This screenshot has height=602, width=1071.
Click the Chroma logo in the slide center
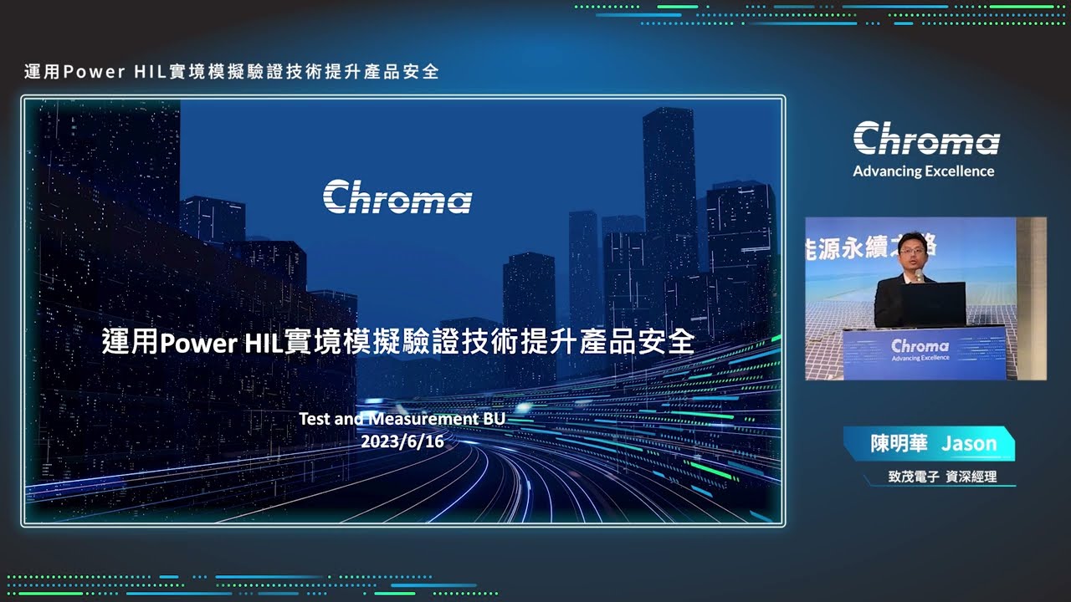[397, 196]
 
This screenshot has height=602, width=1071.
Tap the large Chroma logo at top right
[926, 138]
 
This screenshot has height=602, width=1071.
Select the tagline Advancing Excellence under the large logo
[923, 171]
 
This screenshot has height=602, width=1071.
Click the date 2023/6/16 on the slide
[402, 441]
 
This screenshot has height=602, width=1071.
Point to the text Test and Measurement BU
[402, 419]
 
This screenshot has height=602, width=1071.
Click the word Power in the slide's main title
[198, 343]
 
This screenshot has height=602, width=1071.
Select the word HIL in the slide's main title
[264, 342]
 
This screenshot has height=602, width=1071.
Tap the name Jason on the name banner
[969, 444]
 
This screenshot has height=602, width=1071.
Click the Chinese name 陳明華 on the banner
[899, 443]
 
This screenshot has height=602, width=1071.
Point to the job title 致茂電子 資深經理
[942, 477]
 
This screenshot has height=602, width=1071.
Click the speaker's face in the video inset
[911, 252]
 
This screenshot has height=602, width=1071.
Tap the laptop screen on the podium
[933, 303]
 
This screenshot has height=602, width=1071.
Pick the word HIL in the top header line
[150, 72]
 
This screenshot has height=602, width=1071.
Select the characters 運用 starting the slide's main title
[130, 342]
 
